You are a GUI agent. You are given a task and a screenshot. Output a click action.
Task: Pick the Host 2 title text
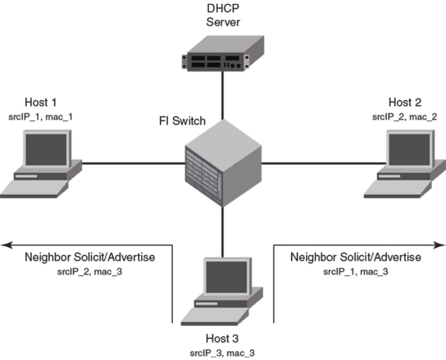click(405, 102)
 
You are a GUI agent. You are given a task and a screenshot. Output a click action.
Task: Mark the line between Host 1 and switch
click(131, 162)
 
